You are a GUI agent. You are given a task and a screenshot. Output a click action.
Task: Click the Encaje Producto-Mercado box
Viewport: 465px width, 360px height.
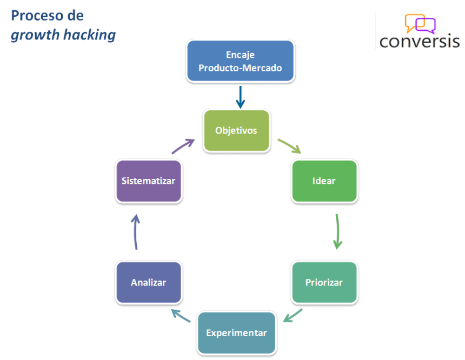pyautogui.click(x=240, y=62)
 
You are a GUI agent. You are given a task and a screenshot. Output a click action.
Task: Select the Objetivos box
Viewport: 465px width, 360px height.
pyautogui.click(x=236, y=130)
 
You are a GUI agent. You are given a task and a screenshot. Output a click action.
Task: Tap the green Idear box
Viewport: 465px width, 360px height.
pyautogui.click(x=324, y=181)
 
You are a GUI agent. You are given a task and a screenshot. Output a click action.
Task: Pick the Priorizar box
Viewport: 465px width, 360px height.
pyautogui.click(x=324, y=282)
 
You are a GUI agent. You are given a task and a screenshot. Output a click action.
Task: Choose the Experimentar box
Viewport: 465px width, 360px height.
pyautogui.click(x=236, y=332)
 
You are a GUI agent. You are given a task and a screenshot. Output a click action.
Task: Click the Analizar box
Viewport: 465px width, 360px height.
pyautogui.click(x=148, y=282)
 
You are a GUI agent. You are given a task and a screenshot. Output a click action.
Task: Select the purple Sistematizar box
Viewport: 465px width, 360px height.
pyautogui.click(x=148, y=181)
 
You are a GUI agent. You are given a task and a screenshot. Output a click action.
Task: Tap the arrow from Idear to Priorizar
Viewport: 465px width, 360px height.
pyautogui.click(x=337, y=231)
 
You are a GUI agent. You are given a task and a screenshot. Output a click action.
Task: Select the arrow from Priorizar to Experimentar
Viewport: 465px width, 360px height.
pyautogui.click(x=293, y=315)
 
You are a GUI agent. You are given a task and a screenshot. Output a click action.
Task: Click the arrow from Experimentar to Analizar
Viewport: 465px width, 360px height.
pyautogui.click(x=180, y=315)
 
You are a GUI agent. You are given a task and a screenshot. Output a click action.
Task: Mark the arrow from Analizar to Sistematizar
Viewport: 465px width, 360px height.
pyautogui.click(x=135, y=231)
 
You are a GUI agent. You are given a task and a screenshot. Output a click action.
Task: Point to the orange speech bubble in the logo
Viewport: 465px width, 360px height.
pyautogui.click(x=414, y=22)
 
